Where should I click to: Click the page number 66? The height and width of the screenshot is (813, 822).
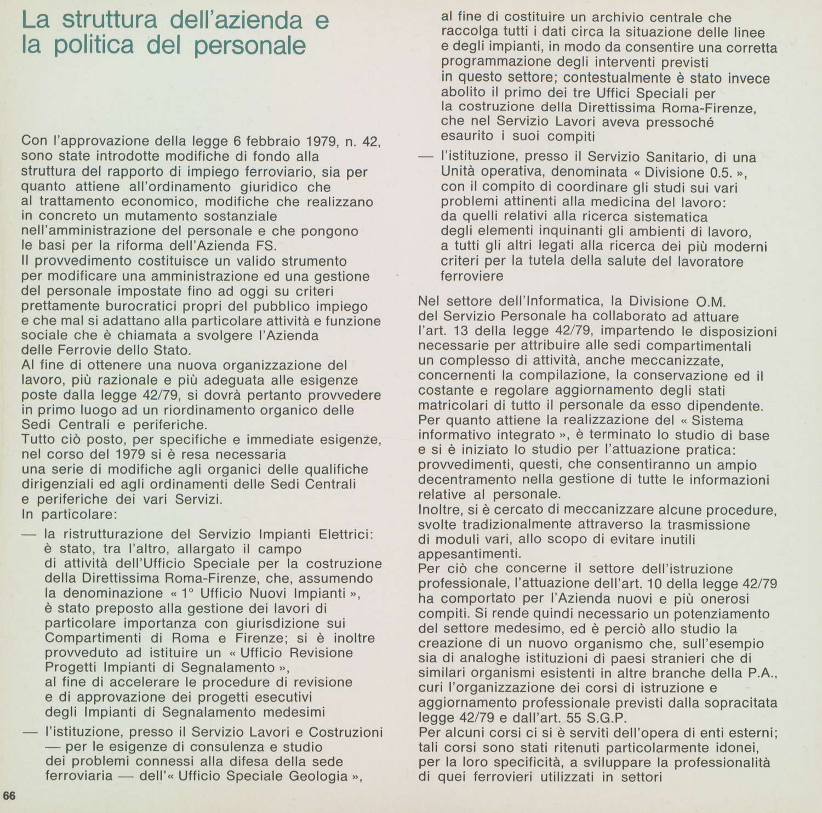click(x=10, y=795)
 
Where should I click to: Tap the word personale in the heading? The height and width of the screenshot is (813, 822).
click(x=250, y=46)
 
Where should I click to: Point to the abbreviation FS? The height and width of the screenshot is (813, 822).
click(x=268, y=245)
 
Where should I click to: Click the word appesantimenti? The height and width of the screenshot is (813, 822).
click(x=466, y=554)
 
